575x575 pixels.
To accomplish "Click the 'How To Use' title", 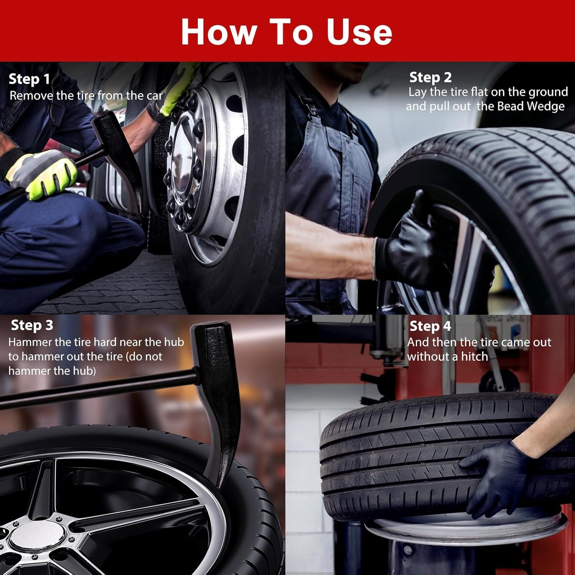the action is click(x=287, y=31).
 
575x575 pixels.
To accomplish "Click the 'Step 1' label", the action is click(x=29, y=79).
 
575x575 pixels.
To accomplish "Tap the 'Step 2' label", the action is click(x=430, y=78).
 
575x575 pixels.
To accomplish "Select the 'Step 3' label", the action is click(x=32, y=325).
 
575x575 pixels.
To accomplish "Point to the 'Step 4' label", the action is click(x=430, y=326).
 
